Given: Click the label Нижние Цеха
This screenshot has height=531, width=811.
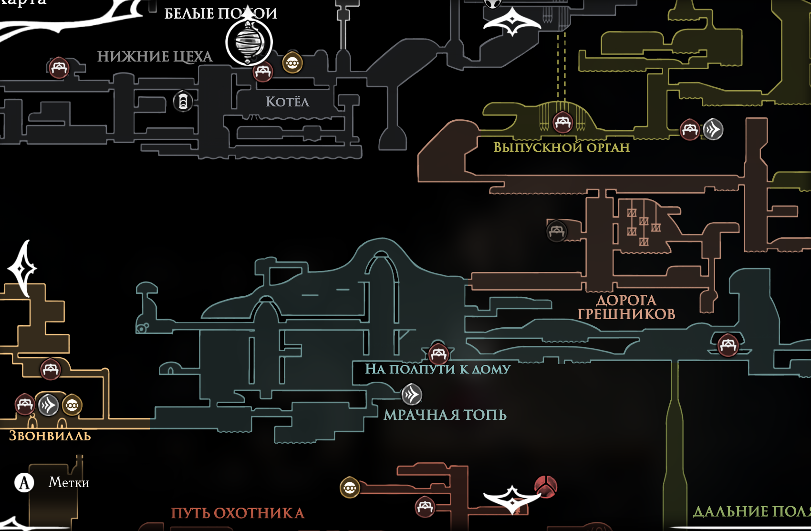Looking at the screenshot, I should [155, 57].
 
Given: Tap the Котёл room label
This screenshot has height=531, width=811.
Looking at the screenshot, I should [287, 102].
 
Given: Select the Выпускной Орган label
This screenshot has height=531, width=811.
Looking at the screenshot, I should [561, 147].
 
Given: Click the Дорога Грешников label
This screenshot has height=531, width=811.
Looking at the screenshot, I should [626, 307].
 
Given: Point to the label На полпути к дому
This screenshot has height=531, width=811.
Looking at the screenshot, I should [437, 369].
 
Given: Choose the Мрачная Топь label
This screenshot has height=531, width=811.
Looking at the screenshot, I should [445, 415].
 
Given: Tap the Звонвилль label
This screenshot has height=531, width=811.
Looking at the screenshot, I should [50, 436].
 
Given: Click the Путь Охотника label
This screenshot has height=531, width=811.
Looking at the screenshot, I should [238, 513].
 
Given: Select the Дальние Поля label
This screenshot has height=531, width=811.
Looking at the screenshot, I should [751, 511].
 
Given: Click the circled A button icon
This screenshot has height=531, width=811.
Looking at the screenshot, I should [24, 482].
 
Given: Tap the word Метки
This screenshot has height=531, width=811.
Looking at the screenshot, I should [69, 482].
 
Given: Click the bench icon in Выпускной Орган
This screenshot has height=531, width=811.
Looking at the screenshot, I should [562, 122].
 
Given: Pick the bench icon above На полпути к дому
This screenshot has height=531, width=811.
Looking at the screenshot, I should [438, 354].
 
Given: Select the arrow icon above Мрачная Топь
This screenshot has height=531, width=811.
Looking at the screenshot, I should [411, 395].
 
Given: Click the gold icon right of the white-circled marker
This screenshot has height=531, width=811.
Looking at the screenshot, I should [292, 63].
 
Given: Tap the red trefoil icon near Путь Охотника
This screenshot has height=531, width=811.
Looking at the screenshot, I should [545, 486].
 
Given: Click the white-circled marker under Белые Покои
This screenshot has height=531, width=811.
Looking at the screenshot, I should [249, 42].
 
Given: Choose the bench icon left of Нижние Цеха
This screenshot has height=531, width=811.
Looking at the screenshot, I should [59, 67].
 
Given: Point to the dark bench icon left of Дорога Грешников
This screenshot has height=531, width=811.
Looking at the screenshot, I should [556, 231].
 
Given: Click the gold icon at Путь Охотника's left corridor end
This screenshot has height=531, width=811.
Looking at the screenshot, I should [350, 488].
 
